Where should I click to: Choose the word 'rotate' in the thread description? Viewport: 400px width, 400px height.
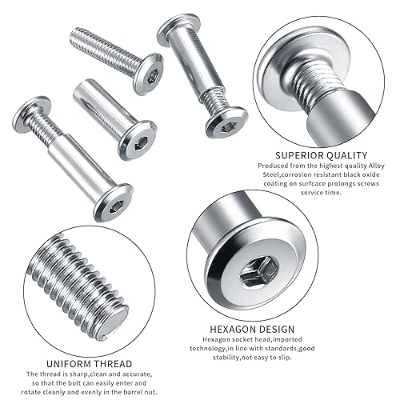click(x=37, y=392)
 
